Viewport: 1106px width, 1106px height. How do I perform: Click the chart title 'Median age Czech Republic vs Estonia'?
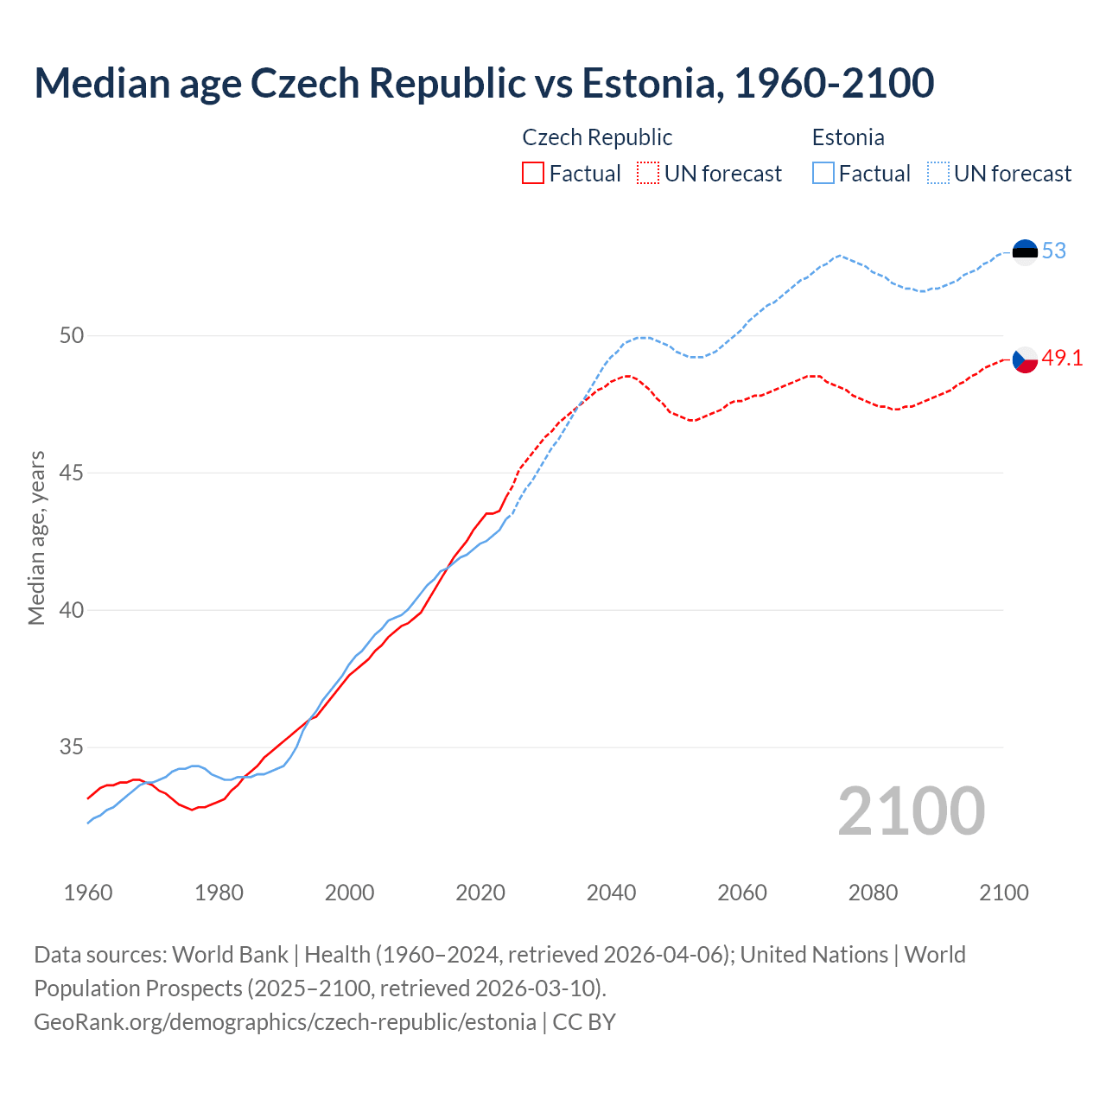484,83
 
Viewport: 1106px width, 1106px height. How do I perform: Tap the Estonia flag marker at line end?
1025,251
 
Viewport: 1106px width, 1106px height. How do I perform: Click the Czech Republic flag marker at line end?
1025,359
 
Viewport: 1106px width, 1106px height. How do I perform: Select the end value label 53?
1054,251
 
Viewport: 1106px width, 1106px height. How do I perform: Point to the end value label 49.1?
1062,359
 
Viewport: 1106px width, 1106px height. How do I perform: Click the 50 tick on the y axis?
72,335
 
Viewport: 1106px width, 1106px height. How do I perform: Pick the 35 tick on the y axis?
72,747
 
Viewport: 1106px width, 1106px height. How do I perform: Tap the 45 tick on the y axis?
72,473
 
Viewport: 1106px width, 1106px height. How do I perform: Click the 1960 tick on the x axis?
88,893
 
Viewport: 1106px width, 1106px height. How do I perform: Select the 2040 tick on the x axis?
611,893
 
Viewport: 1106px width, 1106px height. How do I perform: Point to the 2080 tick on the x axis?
873,893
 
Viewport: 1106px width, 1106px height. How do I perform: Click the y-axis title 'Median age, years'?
37,537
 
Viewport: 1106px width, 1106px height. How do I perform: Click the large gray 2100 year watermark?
911,811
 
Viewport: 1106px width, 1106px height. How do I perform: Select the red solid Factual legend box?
533,174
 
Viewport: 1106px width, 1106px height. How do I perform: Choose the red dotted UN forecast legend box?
648,174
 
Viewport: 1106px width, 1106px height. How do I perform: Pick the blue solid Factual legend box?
823,174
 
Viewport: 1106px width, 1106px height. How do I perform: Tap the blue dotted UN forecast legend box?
938,174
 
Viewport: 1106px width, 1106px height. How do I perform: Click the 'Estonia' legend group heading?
848,137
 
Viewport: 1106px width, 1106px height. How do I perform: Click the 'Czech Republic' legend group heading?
597,137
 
